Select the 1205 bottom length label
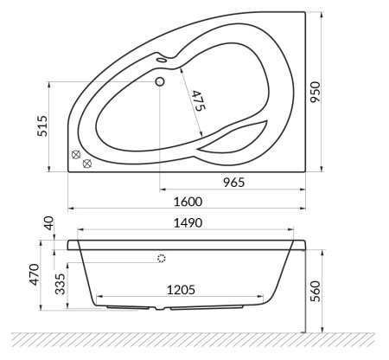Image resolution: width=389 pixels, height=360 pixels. click(183, 291)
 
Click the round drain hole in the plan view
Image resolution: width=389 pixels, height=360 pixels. click(159, 83)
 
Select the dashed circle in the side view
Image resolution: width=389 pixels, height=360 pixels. click(160, 258)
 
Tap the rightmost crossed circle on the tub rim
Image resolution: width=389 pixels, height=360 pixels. click(87, 163)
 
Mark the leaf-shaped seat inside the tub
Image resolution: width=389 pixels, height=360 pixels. click(232, 138)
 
